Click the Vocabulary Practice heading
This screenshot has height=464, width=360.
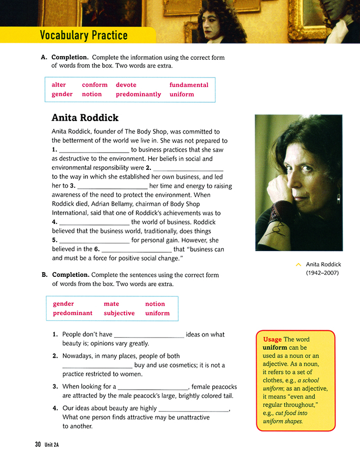point(84,36)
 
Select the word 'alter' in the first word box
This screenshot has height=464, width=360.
point(59,85)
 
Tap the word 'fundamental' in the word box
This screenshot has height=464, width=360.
point(189,85)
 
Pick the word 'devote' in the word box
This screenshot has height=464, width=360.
point(126,85)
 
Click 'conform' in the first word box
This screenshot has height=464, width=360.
point(95,85)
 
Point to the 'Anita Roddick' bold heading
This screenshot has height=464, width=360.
point(85,117)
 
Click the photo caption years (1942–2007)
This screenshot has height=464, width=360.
point(322,273)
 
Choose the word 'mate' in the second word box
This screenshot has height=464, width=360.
point(111,304)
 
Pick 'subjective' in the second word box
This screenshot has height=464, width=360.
point(119,314)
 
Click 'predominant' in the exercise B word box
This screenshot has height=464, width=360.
point(72,314)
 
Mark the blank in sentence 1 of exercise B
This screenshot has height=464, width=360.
point(149,335)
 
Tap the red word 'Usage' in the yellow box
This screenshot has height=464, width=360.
point(272,340)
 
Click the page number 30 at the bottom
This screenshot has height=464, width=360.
point(38,445)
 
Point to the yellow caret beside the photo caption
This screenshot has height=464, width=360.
point(299,265)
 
